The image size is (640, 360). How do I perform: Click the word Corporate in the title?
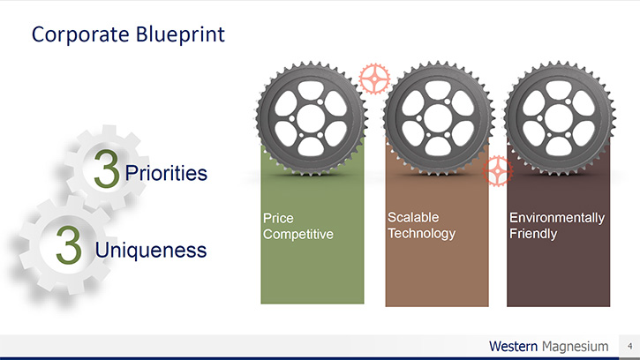(80, 34)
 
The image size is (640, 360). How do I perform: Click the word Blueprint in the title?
(180, 35)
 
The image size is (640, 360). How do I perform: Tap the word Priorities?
(166, 173)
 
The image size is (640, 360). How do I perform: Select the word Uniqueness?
(151, 250)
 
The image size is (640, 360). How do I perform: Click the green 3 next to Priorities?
(107, 169)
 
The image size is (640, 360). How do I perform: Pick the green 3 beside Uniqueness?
(69, 244)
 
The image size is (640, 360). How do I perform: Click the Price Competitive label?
(298, 226)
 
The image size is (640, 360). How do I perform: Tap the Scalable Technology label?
(421, 225)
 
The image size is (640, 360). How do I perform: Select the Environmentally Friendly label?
(557, 225)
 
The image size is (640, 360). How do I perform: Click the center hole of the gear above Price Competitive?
(311, 118)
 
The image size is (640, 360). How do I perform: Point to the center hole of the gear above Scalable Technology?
(438, 118)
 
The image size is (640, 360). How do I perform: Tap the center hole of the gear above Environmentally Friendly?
(559, 118)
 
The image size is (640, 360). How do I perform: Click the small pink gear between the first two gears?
(374, 79)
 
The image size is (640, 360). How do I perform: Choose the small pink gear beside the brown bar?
(498, 170)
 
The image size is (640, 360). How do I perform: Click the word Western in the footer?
(513, 347)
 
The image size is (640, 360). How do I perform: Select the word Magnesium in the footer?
(575, 347)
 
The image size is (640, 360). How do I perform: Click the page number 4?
(629, 346)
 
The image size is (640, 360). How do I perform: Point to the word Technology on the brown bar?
(421, 234)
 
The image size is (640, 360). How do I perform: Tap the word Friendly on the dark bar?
(533, 234)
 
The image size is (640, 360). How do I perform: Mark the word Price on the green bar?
(278, 218)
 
